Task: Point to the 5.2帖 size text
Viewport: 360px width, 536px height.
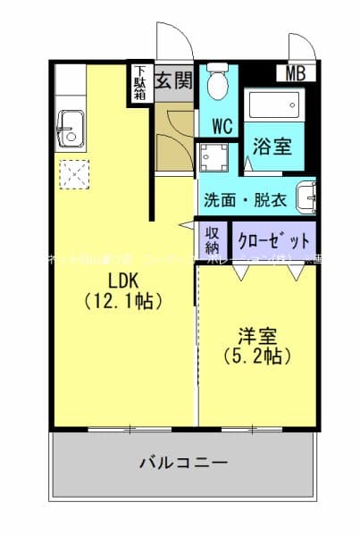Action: (x=256, y=356)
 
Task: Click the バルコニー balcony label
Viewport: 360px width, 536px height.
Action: (x=183, y=463)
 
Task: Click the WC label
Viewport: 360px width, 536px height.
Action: (x=222, y=126)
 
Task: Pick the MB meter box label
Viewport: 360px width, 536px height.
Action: (x=296, y=74)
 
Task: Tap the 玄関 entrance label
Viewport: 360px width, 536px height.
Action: (x=173, y=80)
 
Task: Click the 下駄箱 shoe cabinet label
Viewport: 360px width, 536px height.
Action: (x=140, y=84)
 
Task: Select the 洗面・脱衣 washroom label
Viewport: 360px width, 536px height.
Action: (x=245, y=200)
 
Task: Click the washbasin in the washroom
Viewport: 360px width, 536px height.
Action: (x=309, y=197)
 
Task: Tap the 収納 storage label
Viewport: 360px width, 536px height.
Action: (x=213, y=240)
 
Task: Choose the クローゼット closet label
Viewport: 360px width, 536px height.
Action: (x=275, y=240)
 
